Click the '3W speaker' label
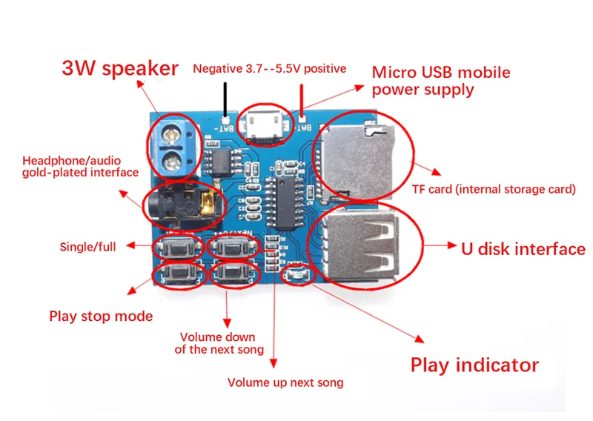[119, 69]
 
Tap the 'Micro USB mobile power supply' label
[440, 82]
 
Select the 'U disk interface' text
[523, 248]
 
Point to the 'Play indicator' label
[474, 365]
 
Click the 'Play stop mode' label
[101, 316]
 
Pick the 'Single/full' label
[87, 246]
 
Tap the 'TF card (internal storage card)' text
[494, 189]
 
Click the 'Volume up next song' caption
[285, 383]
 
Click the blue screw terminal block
[175, 147]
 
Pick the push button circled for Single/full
[177, 247]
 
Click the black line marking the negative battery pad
[224, 99]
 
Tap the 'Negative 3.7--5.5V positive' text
[269, 69]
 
